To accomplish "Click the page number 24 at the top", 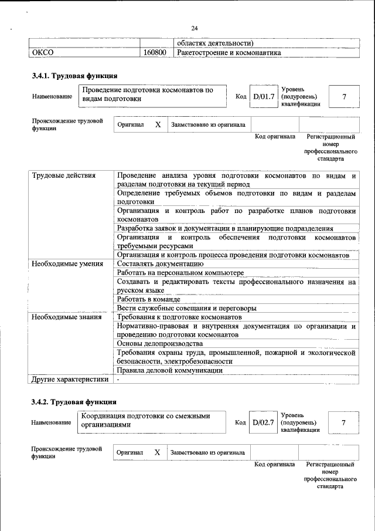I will [195, 28].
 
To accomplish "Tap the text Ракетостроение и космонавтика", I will [229, 53].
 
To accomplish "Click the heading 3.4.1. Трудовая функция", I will [74, 76].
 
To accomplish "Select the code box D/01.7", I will [263, 96].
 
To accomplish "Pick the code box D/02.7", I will [263, 422].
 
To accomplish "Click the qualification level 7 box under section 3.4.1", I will [344, 96].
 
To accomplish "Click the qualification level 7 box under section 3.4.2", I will [344, 422].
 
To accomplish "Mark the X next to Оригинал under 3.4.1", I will [158, 125].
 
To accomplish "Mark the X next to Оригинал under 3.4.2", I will [157, 452].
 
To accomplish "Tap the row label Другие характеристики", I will [70, 379].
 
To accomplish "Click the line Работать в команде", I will [148, 299].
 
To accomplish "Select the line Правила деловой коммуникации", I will [169, 370].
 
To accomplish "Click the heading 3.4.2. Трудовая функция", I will [74, 402].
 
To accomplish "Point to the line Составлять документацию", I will [160, 264].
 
